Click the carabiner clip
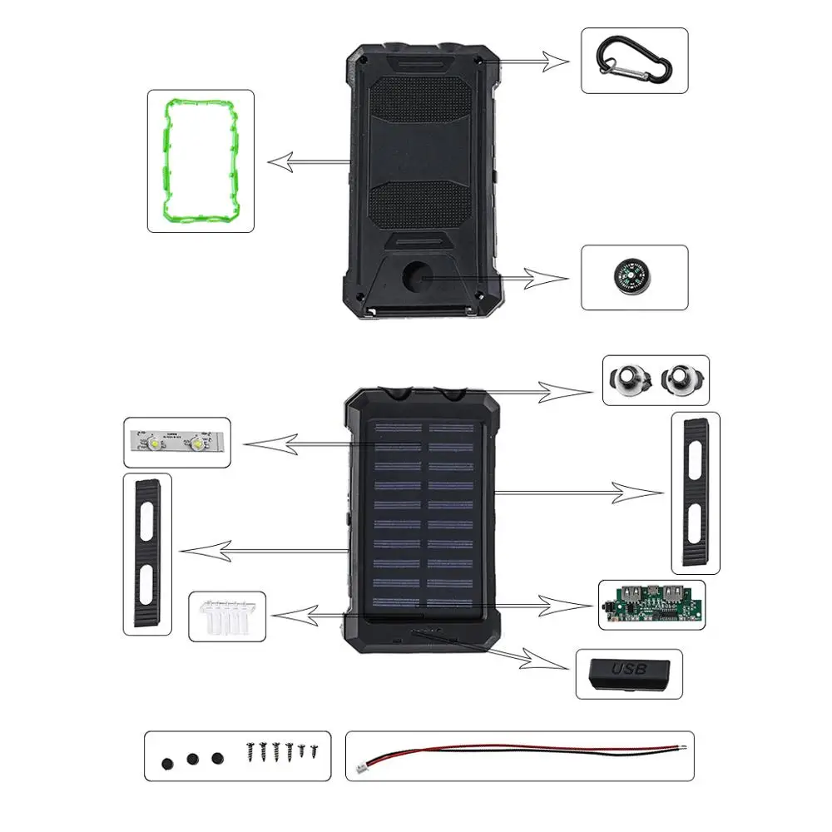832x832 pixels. click(x=634, y=61)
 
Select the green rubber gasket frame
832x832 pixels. click(x=201, y=161)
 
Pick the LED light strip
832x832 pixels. click(x=177, y=443)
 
